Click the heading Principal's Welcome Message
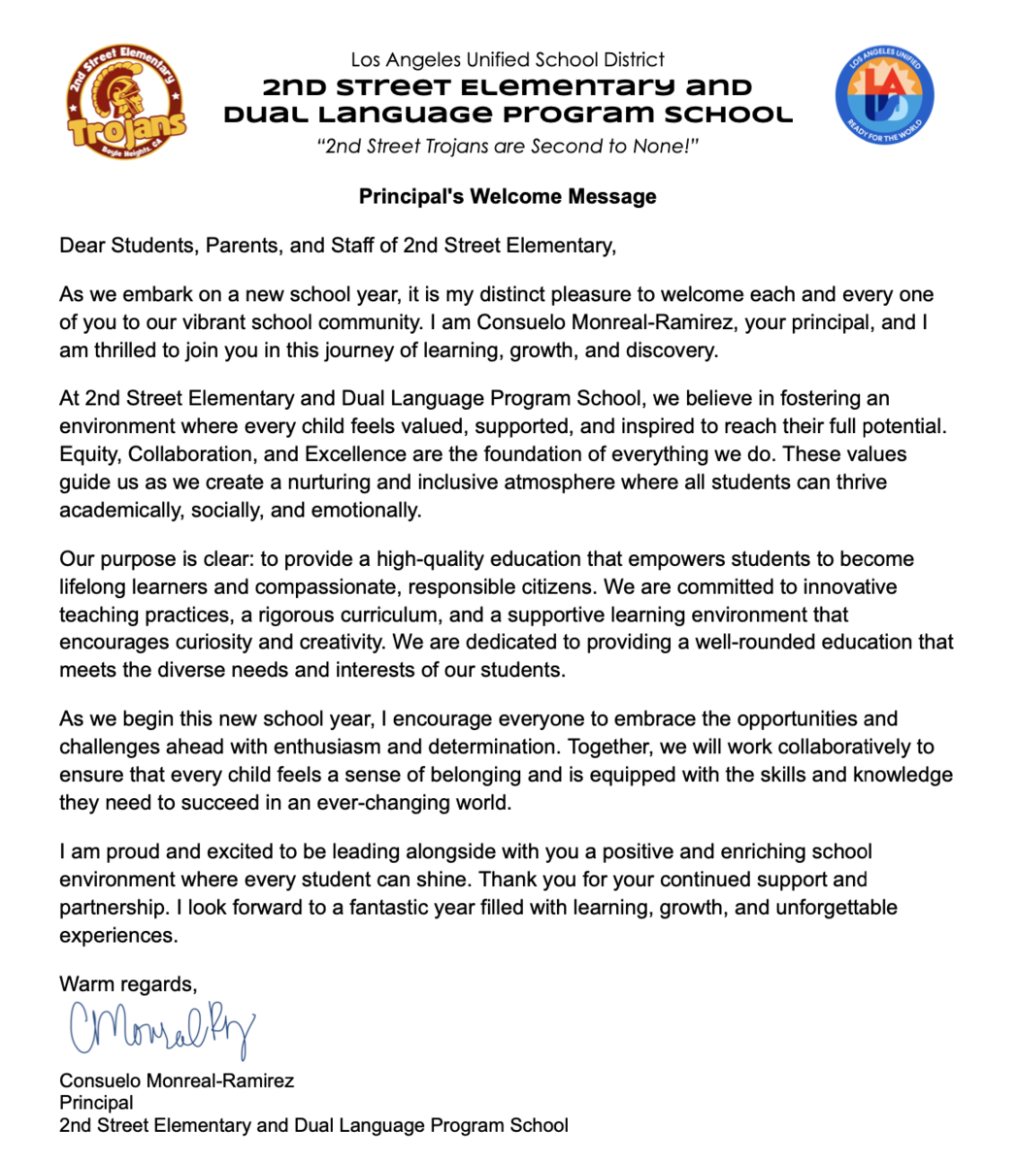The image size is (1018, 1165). point(508,196)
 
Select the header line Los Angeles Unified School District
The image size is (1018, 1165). point(508,60)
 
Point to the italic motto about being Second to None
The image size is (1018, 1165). point(508,147)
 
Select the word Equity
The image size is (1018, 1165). point(88,454)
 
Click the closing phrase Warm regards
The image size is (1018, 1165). point(127,984)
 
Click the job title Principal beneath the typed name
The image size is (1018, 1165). point(96,1103)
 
